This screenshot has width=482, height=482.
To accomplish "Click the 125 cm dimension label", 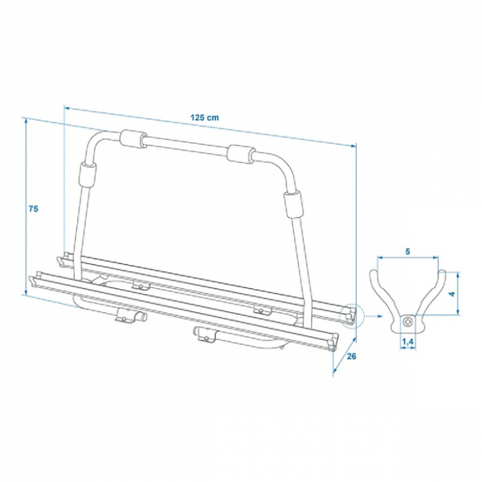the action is click(x=204, y=117).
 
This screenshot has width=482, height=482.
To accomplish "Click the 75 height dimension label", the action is click(x=33, y=209).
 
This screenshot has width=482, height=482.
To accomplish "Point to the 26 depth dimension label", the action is click(x=351, y=356).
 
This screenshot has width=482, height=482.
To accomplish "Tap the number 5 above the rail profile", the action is click(x=408, y=252).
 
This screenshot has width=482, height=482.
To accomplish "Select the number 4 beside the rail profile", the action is click(x=451, y=294).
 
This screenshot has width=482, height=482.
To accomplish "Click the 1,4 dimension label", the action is click(x=408, y=341).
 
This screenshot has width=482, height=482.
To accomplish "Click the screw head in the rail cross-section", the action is click(x=408, y=323).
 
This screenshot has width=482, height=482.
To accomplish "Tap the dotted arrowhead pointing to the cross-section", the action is click(x=380, y=316).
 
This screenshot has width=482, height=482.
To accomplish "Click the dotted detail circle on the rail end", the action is click(x=351, y=315).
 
